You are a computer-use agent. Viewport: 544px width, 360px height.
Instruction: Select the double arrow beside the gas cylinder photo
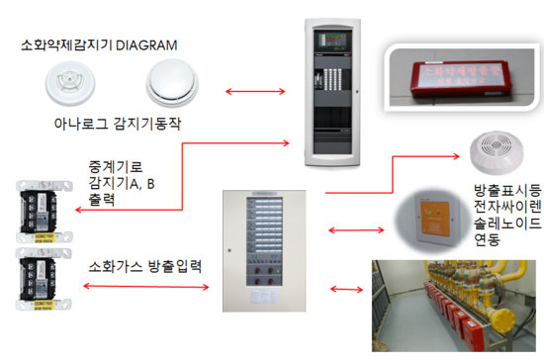[x=347, y=290]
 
